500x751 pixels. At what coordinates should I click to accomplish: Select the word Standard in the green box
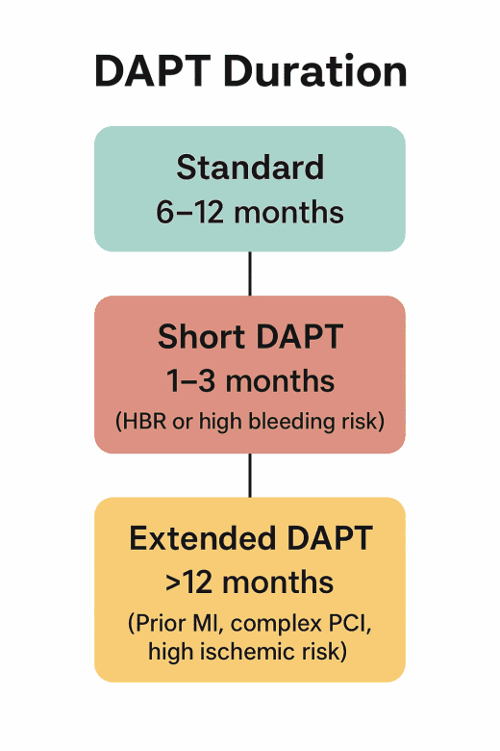250,168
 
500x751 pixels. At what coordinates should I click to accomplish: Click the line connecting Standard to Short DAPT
250,273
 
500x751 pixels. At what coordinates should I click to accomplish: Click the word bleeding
306,421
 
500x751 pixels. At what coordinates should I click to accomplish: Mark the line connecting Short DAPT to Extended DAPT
250,475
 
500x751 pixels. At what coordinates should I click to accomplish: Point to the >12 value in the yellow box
189,582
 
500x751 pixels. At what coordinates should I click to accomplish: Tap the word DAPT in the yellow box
323,538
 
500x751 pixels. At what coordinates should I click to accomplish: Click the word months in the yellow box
284,582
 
